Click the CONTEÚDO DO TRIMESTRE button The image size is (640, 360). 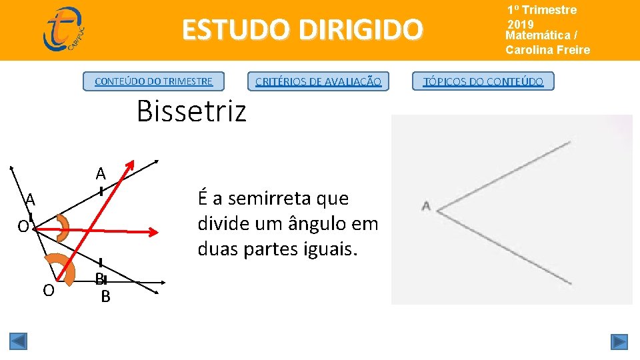coord(153,81)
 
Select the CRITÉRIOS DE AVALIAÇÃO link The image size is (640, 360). coord(318,81)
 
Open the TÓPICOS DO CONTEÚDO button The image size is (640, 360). coord(483,81)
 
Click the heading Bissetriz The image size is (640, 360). coord(191,111)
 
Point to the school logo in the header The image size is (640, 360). coord(64,29)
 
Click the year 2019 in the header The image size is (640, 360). coord(520,24)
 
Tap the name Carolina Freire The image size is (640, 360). coord(547,49)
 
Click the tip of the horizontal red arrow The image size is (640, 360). coord(156,232)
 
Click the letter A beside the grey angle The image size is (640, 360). coord(425,206)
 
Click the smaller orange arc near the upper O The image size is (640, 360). coord(63,228)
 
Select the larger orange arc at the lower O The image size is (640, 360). coord(61,271)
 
